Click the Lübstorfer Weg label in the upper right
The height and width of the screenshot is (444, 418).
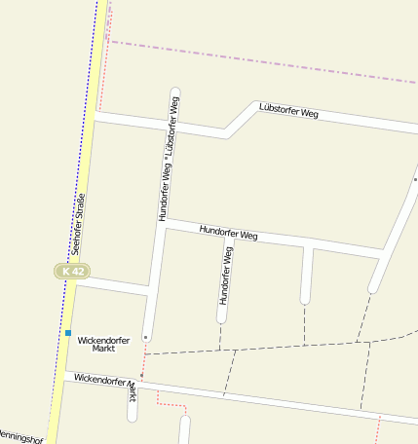pyautogui.click(x=287, y=112)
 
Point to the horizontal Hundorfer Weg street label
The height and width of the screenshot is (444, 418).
pyautogui.click(x=228, y=234)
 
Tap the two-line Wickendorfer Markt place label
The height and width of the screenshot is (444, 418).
pyautogui.click(x=104, y=344)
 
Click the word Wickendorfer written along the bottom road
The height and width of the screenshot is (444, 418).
pyautogui.click(x=102, y=379)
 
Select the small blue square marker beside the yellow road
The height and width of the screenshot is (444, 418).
pyautogui.click(x=68, y=333)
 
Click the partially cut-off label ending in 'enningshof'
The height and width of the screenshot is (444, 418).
pyautogui.click(x=21, y=437)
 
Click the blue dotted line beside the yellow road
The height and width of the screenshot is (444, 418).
pyautogui.click(x=91, y=97)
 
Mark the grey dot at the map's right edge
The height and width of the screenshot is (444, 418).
pyautogui.click(x=415, y=179)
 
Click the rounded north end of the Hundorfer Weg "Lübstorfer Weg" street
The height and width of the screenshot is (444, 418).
pyautogui.click(x=175, y=93)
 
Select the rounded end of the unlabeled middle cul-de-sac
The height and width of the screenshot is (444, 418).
pyautogui.click(x=306, y=297)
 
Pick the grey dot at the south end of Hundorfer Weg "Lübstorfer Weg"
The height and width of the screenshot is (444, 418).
pyautogui.click(x=146, y=337)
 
